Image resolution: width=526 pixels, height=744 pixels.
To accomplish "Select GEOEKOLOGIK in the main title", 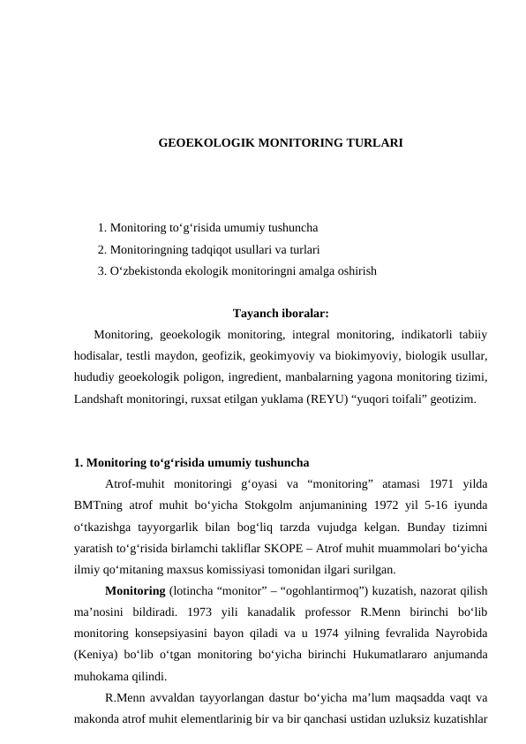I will pyautogui.click(x=200, y=141).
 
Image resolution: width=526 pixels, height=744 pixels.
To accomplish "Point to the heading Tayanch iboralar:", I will pyautogui.click(x=281, y=313).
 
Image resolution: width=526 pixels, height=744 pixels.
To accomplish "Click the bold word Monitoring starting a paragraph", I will pyautogui.click(x=133, y=591).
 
